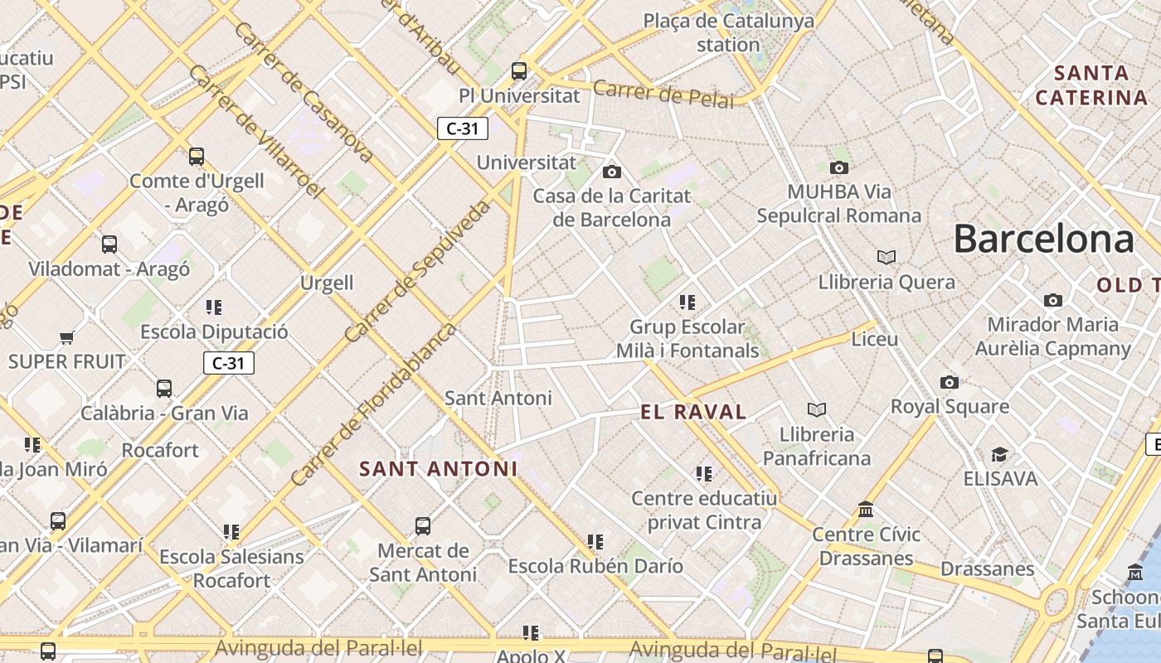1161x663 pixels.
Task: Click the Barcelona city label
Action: pos(1042,239)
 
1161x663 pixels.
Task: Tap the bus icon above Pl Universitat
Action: pos(519,71)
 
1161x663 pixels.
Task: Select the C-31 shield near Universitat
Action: pos(463,128)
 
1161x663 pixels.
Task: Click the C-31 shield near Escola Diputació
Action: pos(228,363)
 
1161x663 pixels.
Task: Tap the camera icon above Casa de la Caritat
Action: pos(612,172)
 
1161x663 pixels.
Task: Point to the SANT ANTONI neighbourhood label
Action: pos(438,469)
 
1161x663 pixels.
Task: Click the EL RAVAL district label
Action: pos(693,412)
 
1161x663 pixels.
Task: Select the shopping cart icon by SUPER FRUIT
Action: pos(67,337)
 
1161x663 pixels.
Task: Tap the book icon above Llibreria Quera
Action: pos(887,258)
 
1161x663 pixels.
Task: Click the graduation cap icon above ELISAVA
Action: pos(999,455)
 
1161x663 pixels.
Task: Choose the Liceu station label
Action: pos(875,339)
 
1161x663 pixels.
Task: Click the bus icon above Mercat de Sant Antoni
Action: pos(423,526)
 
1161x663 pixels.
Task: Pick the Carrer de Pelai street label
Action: pos(663,94)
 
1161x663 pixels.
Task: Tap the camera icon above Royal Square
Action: pos(950,382)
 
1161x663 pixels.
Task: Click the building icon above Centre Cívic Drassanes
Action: pos(867,509)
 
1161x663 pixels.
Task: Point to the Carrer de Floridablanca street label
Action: pos(374,404)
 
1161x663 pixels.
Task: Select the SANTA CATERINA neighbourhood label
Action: pos(1091,85)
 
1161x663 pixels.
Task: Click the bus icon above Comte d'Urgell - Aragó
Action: pos(197,156)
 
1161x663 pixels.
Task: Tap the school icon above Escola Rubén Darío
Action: pos(595,542)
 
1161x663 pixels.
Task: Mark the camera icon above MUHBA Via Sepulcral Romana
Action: pos(839,167)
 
